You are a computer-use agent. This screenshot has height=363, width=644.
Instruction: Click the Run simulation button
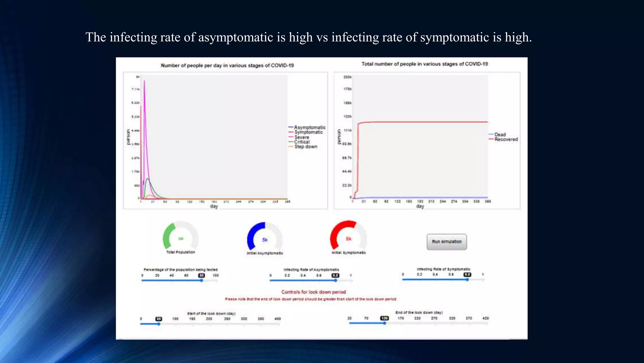pyautogui.click(x=447, y=242)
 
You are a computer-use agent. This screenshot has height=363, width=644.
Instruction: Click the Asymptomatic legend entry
pyautogui.click(x=309, y=127)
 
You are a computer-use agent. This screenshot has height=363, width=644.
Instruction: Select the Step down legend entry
pyautogui.click(x=305, y=147)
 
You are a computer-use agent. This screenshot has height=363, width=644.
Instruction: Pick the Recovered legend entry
pyautogui.click(x=506, y=139)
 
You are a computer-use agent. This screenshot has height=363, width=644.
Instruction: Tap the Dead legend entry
pyautogui.click(x=500, y=135)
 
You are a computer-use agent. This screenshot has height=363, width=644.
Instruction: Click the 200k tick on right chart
pyautogui.click(x=347, y=77)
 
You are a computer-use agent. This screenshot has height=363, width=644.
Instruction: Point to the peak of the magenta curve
pyautogui.click(x=144, y=81)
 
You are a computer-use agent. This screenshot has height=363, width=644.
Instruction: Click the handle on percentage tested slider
pyautogui.click(x=202, y=280)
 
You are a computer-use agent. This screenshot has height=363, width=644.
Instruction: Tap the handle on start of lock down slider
pyautogui.click(x=159, y=324)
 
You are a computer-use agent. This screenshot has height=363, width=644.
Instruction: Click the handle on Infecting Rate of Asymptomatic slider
pyautogui.click(x=336, y=280)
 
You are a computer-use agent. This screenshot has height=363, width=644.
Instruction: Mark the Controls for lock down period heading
pyautogui.click(x=314, y=292)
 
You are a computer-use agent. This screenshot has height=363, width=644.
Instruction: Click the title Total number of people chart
pyautogui.click(x=425, y=64)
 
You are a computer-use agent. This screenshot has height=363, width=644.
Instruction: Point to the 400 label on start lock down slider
pyautogui.click(x=277, y=319)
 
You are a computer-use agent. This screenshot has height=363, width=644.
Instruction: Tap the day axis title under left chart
pyautogui.click(x=214, y=206)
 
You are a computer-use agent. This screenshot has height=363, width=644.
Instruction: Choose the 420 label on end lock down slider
pyautogui.click(x=485, y=318)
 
